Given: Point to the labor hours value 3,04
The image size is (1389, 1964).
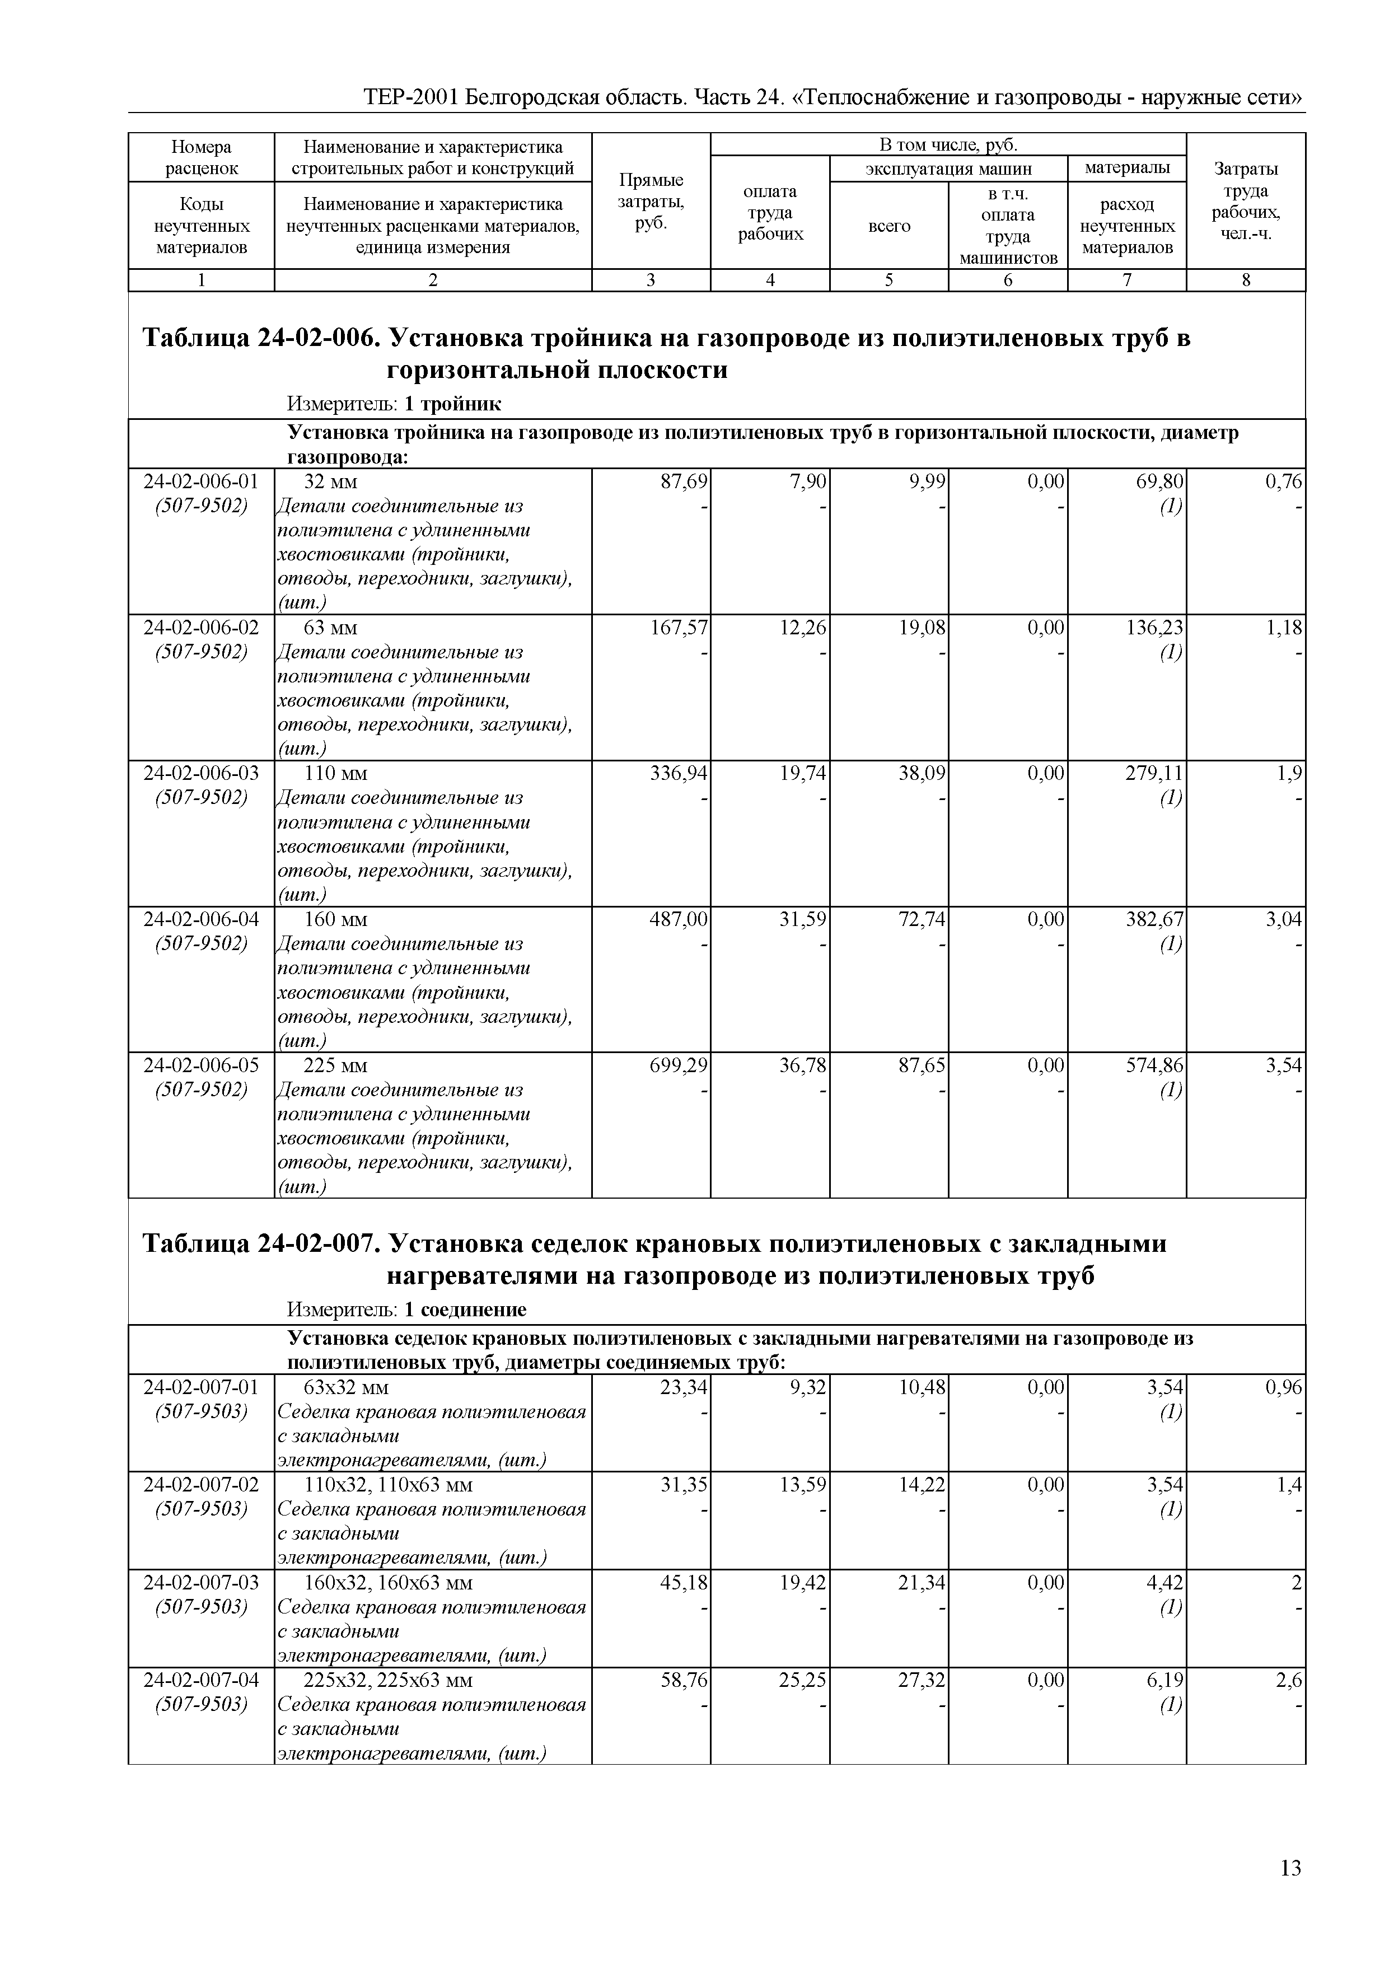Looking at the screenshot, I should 1284,919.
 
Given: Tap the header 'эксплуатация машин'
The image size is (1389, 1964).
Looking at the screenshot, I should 948,169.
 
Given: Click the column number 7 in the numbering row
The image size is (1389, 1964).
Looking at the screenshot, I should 1126,280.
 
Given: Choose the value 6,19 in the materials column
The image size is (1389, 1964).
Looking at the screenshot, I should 1165,1680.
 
